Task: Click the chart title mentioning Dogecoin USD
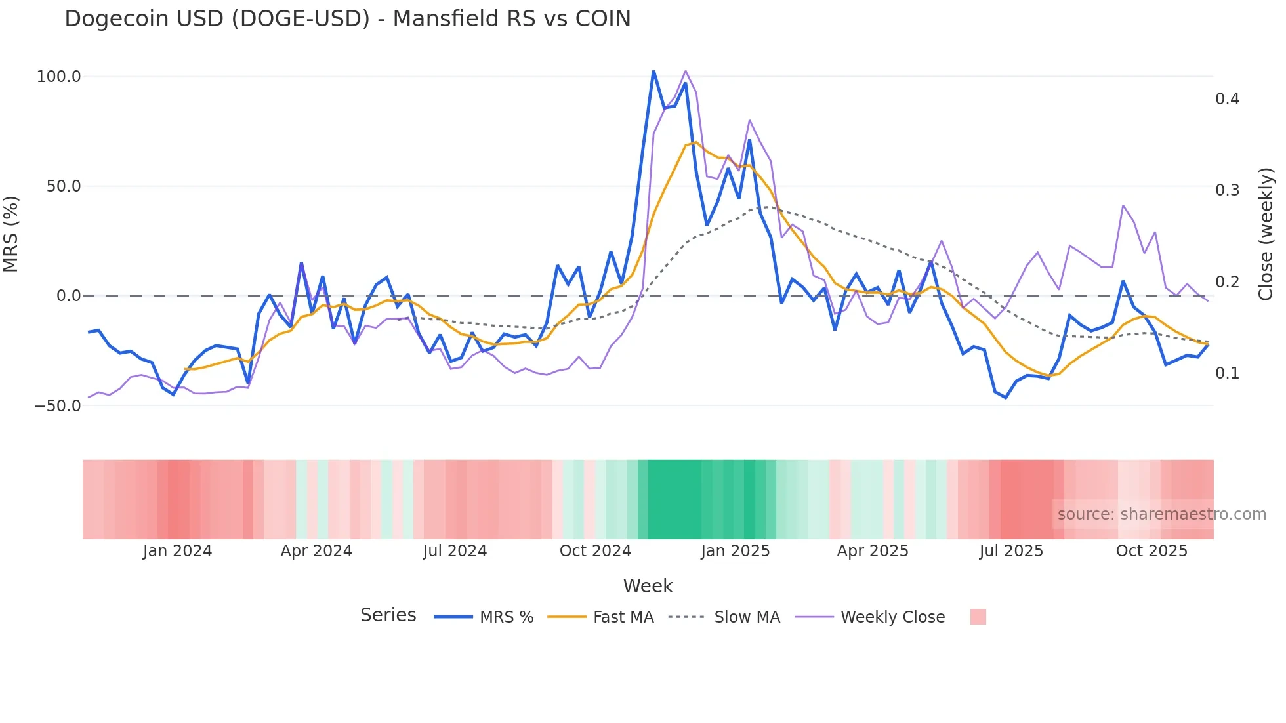[347, 19]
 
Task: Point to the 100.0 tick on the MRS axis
[58, 77]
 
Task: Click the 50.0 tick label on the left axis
[63, 186]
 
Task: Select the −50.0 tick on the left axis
[58, 406]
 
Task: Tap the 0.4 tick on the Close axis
[1227, 99]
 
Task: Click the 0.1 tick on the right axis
[1227, 373]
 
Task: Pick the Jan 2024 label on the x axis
[177, 551]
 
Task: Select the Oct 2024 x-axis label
[595, 551]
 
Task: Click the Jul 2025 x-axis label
[1011, 551]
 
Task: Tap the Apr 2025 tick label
[873, 551]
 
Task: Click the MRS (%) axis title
[11, 234]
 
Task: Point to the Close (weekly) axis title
[1266, 234]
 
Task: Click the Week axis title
[648, 586]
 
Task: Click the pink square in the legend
[978, 617]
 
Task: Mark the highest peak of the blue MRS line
[653, 71]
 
